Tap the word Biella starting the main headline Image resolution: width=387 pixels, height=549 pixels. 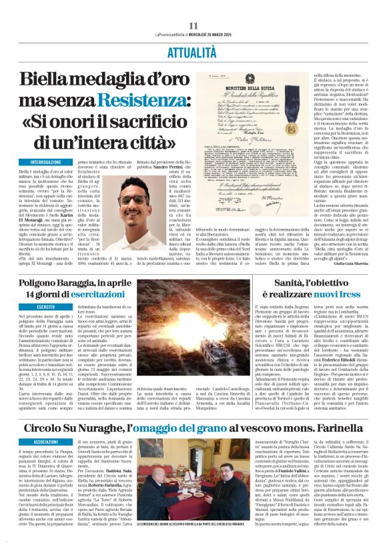[x=48, y=79]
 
